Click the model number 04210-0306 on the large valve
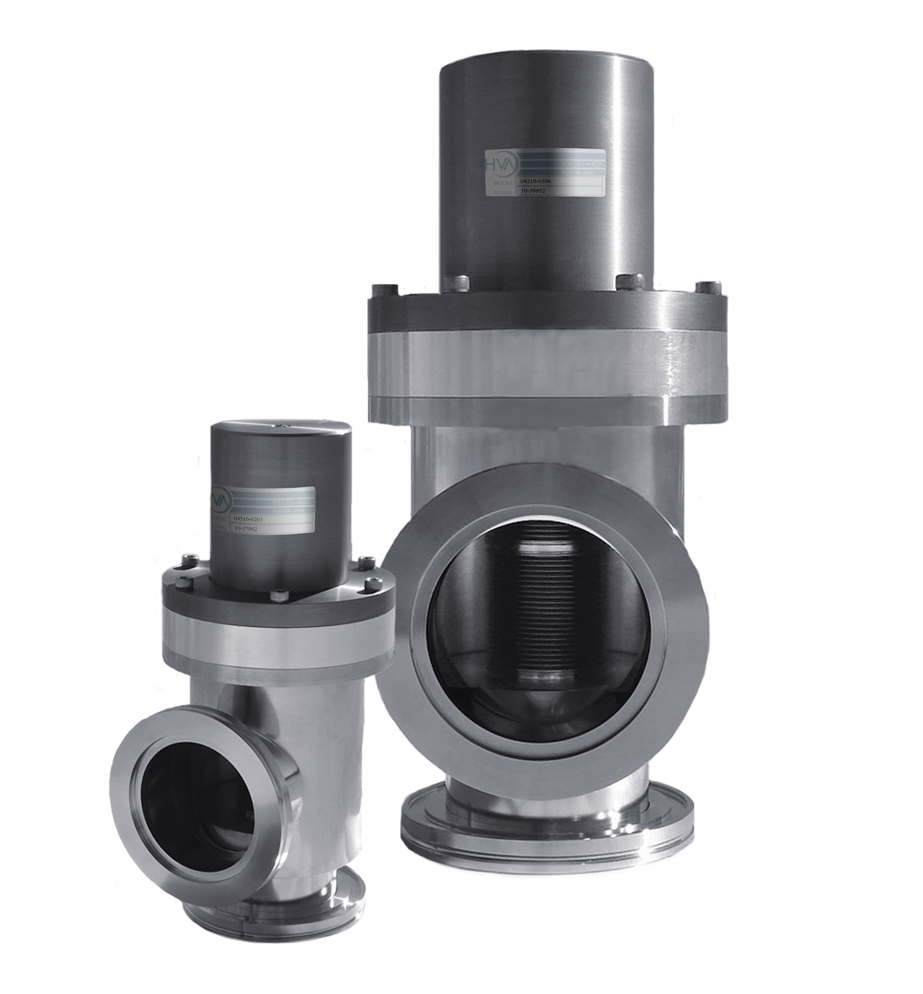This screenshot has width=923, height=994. tap(535, 181)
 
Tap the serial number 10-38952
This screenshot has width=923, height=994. tap(532, 192)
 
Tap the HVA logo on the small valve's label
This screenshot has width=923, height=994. tap(220, 497)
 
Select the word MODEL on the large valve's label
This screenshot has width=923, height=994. tap(502, 183)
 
